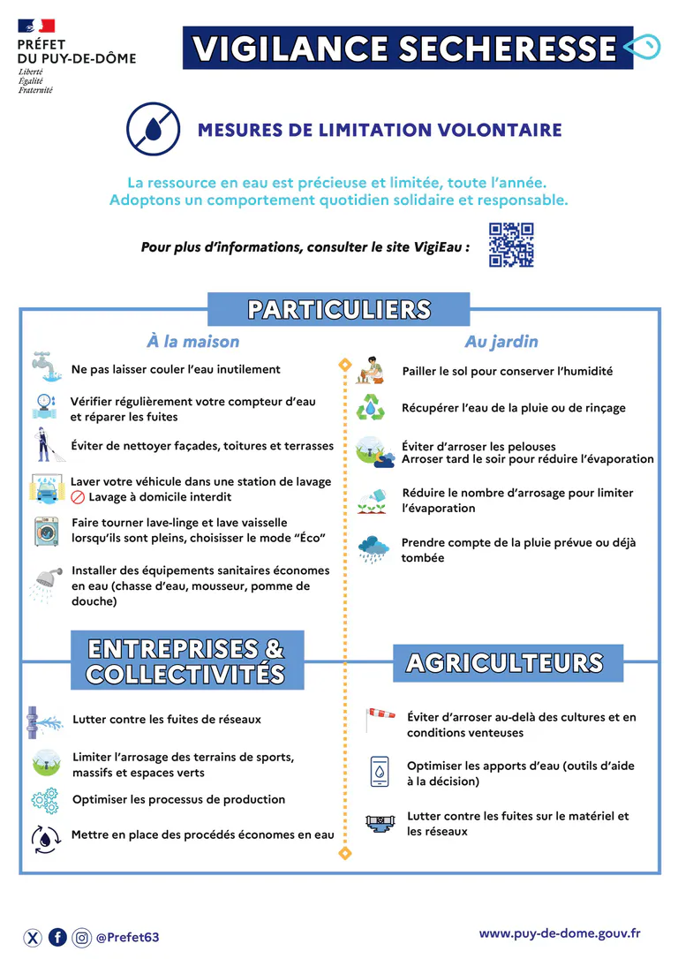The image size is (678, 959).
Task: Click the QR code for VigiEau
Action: [x=511, y=245]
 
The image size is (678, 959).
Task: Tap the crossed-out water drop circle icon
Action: [x=153, y=129]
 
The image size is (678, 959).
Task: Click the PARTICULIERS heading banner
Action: [x=339, y=310]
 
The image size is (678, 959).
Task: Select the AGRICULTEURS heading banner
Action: [x=504, y=663]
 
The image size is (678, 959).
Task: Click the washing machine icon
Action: [x=45, y=532]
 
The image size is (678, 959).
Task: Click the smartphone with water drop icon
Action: [x=379, y=772]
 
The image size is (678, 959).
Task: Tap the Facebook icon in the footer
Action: [x=57, y=937]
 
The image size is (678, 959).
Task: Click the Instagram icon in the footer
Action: [x=81, y=937]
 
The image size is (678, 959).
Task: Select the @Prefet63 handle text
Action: [x=127, y=937]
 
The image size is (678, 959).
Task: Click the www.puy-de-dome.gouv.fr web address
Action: [x=560, y=933]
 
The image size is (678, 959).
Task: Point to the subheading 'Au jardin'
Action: [x=501, y=342]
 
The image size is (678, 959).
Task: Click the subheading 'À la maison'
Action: [x=192, y=342]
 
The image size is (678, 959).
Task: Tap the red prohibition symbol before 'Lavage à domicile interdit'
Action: [x=78, y=497]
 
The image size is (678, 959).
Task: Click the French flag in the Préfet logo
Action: [x=35, y=26]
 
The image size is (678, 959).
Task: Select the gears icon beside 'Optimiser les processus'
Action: [x=43, y=800]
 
